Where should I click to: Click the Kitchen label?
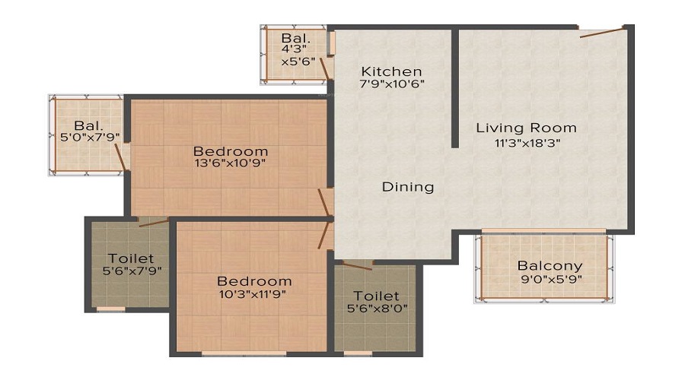391,71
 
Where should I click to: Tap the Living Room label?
526,128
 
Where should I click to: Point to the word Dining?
408,187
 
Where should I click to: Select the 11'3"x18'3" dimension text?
527,142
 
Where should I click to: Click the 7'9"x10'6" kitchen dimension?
391,84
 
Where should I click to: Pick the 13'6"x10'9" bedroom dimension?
230,163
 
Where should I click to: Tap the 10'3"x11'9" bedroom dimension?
253,293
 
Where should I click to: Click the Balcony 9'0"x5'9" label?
550,272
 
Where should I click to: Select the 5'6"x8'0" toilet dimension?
377,309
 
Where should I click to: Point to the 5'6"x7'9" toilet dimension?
132,271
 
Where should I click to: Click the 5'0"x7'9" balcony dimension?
90,137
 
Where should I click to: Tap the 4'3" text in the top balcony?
294,49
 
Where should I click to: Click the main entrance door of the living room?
601,33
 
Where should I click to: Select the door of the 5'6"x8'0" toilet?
357,266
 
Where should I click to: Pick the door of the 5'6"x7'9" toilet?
154,223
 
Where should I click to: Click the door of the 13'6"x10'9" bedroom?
323,202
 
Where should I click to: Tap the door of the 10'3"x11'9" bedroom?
323,235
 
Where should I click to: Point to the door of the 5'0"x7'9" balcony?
120,157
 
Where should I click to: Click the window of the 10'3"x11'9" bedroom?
244,354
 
